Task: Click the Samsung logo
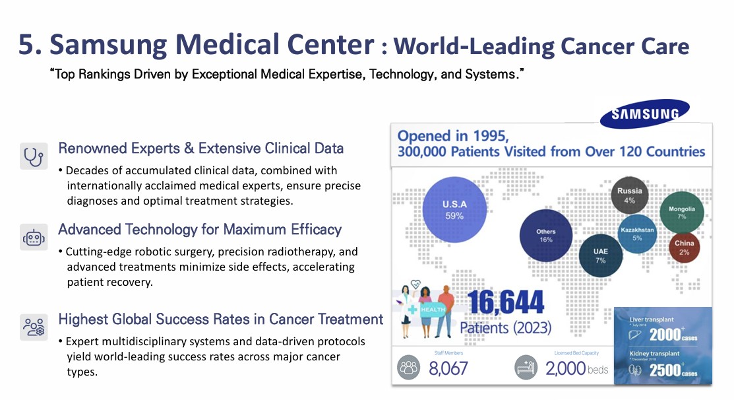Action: pyautogui.click(x=644, y=114)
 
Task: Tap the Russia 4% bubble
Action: pyautogui.click(x=629, y=195)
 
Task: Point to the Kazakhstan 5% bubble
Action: pyautogui.click(x=637, y=234)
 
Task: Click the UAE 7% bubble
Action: pyautogui.click(x=600, y=256)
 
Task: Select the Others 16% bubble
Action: pyautogui.click(x=545, y=236)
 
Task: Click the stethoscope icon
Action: pyautogui.click(x=34, y=156)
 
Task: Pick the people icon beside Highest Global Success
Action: pyautogui.click(x=34, y=326)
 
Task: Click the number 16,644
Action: pyautogui.click(x=506, y=303)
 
